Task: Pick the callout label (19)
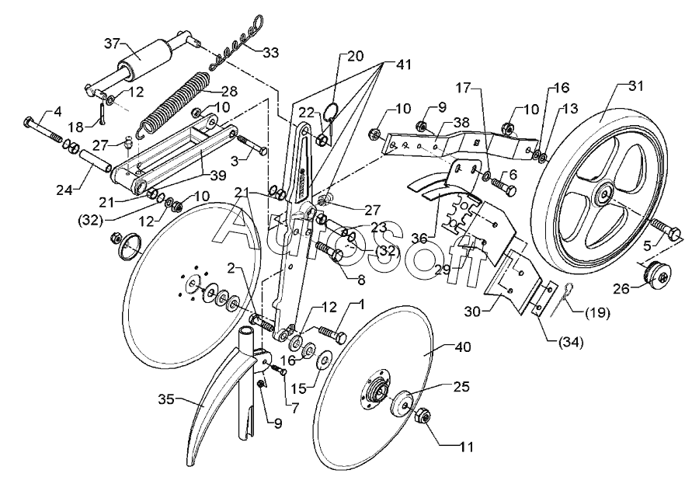(x=597, y=315)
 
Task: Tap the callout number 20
(x=355, y=56)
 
